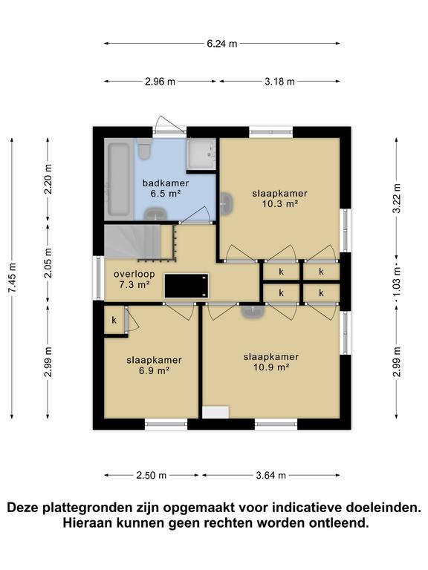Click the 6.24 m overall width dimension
tap(221, 43)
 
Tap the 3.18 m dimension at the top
tap(280, 82)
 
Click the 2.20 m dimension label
tap(48, 178)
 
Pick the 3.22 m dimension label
tap(397, 199)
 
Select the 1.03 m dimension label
tap(397, 283)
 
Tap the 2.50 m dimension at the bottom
tap(151, 475)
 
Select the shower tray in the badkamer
tap(201, 154)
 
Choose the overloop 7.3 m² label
tap(132, 278)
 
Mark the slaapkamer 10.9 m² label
tap(271, 361)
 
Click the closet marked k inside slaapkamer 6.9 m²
tap(114, 321)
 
